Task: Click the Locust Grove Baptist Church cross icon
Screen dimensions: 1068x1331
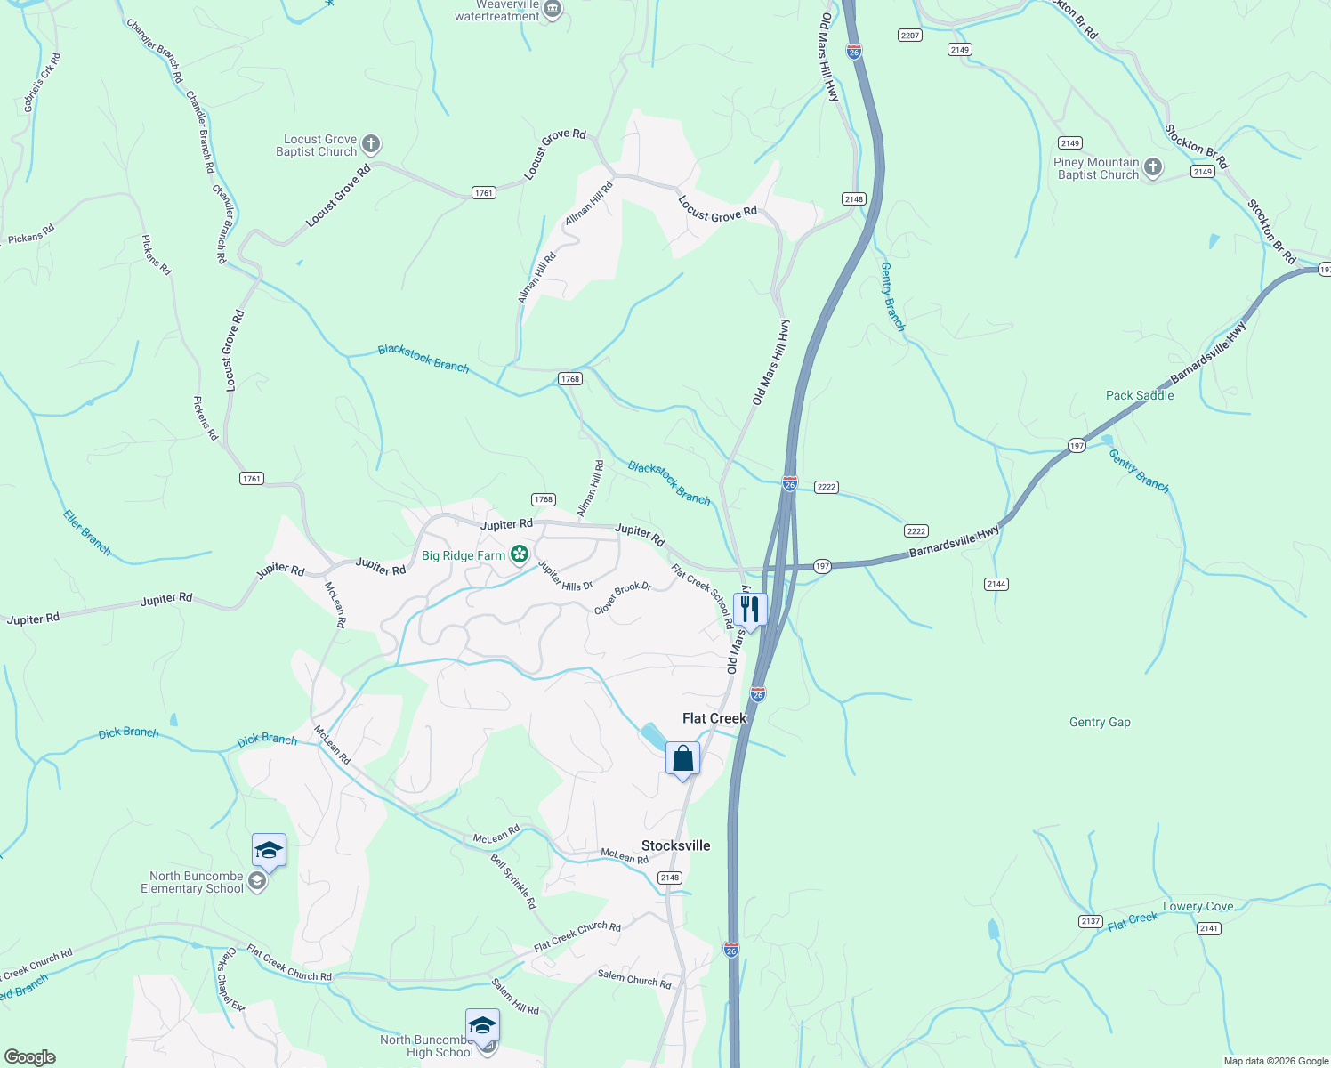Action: click(371, 144)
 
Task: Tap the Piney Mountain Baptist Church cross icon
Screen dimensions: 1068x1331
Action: click(1153, 167)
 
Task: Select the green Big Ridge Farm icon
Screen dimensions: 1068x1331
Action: click(520, 555)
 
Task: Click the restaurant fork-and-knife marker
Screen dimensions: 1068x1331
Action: click(750, 610)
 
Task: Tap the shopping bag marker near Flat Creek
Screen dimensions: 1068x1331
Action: click(682, 759)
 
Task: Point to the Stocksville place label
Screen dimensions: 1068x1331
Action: click(676, 845)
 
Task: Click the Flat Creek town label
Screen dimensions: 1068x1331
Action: click(714, 718)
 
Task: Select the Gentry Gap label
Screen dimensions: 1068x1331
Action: click(1100, 722)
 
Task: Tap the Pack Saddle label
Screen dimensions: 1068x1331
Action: click(1140, 395)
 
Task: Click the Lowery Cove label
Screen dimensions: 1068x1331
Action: click(1198, 906)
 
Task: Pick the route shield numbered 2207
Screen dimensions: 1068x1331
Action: click(909, 36)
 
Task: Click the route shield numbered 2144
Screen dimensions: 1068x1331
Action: click(996, 584)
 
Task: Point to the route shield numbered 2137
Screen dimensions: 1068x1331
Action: click(1091, 921)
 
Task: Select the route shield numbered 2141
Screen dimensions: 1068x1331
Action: click(1208, 928)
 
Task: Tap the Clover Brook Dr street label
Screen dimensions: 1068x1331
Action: click(623, 598)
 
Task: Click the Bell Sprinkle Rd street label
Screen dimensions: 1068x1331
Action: click(514, 881)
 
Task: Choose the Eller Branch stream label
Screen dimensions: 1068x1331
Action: click(87, 532)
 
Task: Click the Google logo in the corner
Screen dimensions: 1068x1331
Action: click(29, 1057)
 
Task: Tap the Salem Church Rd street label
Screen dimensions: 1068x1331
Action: click(634, 979)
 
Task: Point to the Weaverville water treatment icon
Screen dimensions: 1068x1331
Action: click(553, 10)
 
